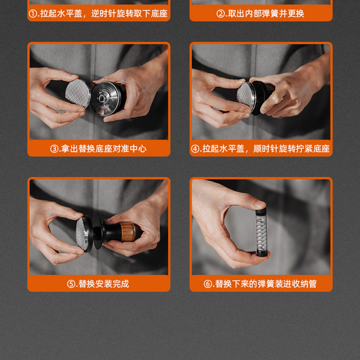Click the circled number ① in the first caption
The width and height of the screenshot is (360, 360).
(x=33, y=14)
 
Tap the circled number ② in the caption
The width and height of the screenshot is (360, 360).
(x=221, y=14)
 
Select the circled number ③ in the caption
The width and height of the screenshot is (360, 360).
(x=54, y=149)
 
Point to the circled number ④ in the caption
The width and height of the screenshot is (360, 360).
(x=195, y=149)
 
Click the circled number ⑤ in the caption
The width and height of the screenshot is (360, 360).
(x=71, y=284)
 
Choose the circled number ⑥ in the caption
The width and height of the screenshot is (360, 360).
(x=208, y=284)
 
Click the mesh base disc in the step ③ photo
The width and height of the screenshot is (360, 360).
(x=78, y=93)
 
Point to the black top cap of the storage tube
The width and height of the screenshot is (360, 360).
(x=261, y=211)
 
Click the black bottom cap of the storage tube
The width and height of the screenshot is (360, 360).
(x=261, y=253)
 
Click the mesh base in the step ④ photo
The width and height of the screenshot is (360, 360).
(x=245, y=96)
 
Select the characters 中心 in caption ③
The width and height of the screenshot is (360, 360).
(x=138, y=149)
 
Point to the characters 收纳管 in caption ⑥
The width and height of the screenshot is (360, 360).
(x=304, y=284)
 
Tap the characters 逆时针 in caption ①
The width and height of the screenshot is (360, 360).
(x=104, y=14)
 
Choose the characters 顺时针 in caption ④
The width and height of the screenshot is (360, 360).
(x=266, y=149)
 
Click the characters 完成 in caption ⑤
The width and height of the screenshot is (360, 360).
(x=121, y=284)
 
